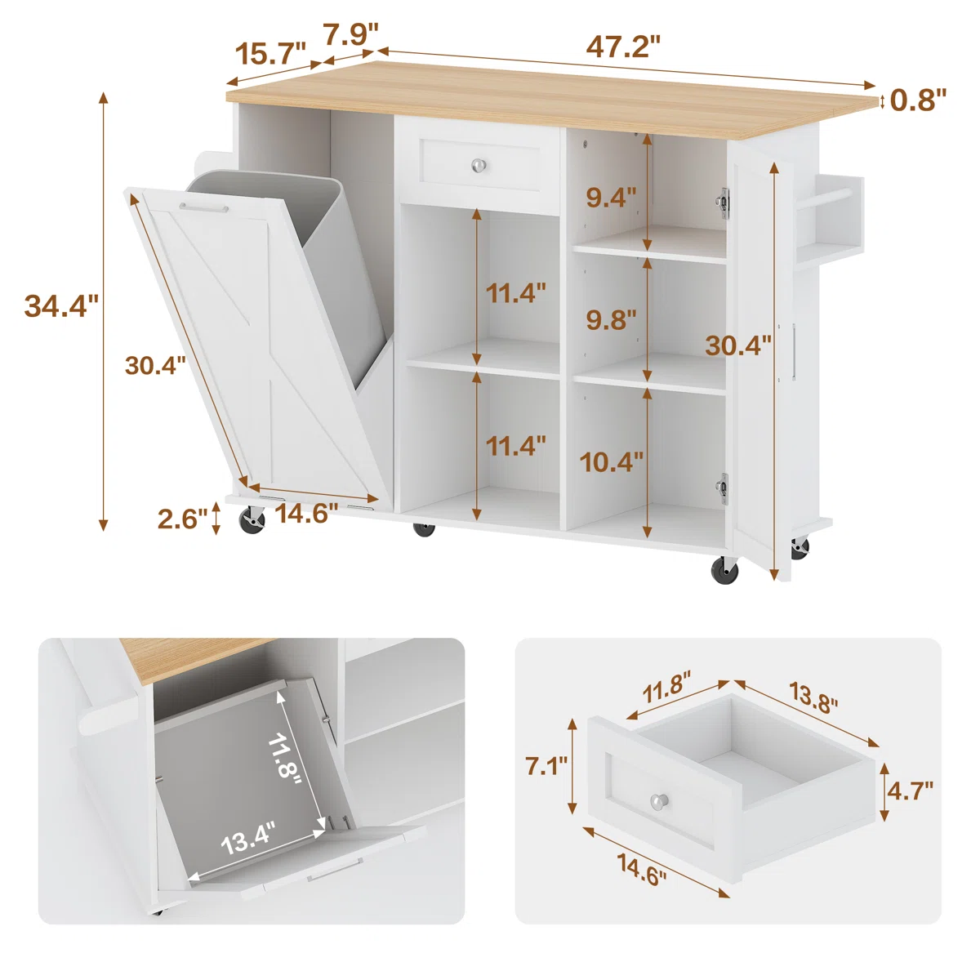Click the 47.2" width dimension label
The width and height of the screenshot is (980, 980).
pyautogui.click(x=622, y=46)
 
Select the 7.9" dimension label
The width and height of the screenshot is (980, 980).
pyautogui.click(x=351, y=34)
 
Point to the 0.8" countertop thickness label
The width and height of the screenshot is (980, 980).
pyautogui.click(x=918, y=100)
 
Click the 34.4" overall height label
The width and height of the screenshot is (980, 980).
pyautogui.click(x=61, y=305)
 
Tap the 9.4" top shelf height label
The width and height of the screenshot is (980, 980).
pyautogui.click(x=611, y=197)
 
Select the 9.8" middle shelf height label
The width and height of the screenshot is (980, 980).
pyautogui.click(x=611, y=319)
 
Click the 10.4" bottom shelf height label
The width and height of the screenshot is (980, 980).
pyautogui.click(x=612, y=462)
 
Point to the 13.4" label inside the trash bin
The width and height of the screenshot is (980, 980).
pyautogui.click(x=248, y=840)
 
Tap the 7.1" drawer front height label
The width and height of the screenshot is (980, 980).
pyautogui.click(x=546, y=766)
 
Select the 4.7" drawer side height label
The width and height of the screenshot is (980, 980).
pyautogui.click(x=910, y=791)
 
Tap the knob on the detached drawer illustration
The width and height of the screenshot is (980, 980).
pyautogui.click(x=659, y=802)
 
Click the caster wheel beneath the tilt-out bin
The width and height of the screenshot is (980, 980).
pyautogui.click(x=252, y=520)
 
